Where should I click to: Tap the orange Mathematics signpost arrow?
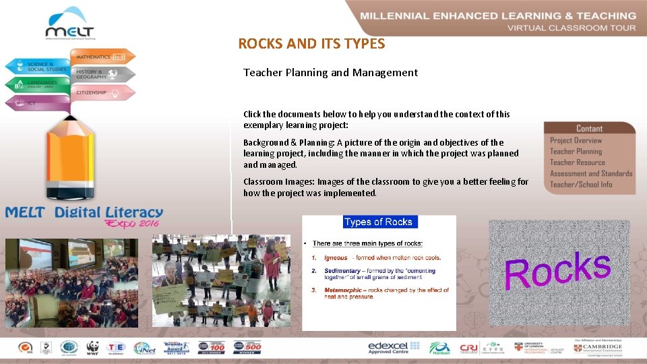101,57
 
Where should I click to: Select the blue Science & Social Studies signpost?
40,66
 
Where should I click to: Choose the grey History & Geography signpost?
102,74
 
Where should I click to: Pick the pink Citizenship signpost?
101,92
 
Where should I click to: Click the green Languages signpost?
40,85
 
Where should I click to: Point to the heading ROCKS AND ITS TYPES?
311,44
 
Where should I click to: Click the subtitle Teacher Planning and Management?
330,72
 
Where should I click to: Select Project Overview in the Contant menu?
576,140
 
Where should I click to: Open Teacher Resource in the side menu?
577,162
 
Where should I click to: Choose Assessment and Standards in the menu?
591,173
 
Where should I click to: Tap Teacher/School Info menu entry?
581,184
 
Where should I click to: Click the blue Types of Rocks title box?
378,222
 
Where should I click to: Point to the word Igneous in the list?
336,257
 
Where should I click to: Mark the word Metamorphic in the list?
341,290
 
